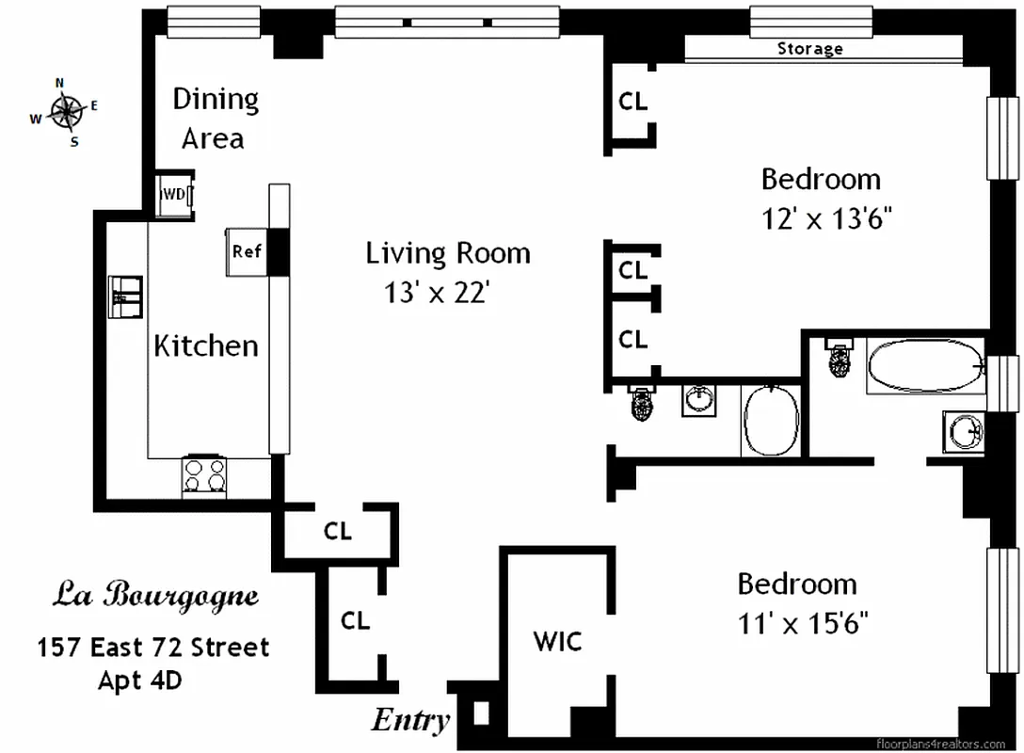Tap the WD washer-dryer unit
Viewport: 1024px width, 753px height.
[x=174, y=195]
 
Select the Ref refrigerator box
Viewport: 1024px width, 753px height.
[x=246, y=251]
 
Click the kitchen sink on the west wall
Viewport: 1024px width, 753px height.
[x=125, y=296]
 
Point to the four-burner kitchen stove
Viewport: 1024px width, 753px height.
[x=204, y=475]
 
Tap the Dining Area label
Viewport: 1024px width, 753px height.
[x=214, y=119]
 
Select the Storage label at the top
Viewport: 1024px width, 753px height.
[x=809, y=49]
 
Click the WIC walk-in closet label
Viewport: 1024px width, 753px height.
[x=557, y=642]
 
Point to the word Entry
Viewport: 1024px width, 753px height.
[x=410, y=721]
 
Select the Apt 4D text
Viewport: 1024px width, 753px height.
[x=140, y=681]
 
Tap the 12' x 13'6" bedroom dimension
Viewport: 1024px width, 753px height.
[x=825, y=219]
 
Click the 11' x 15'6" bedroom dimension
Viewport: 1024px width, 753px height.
[x=802, y=623]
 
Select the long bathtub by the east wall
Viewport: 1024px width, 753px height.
[x=925, y=367]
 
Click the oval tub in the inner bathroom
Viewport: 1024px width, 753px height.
[x=772, y=421]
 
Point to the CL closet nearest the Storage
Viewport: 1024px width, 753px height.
[x=633, y=101]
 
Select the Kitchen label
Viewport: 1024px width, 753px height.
[x=205, y=345]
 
